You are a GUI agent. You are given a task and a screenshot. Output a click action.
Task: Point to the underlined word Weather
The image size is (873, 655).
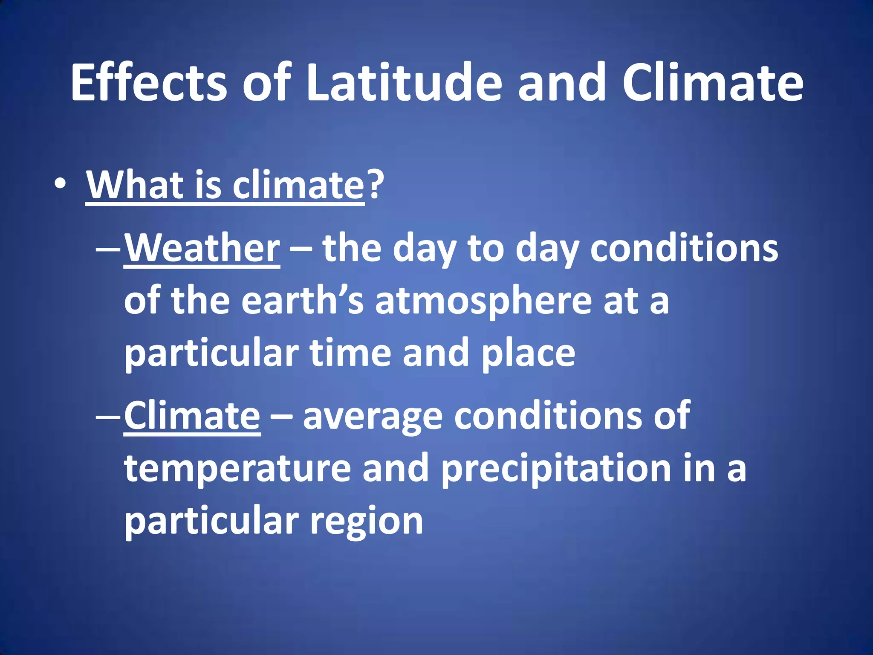coord(202,248)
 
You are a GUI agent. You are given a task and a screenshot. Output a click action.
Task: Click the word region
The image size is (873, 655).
coord(367,521)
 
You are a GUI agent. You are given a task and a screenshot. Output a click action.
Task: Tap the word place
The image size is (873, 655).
coord(529,353)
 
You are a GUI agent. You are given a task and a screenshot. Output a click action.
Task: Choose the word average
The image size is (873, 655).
coord(373,417)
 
